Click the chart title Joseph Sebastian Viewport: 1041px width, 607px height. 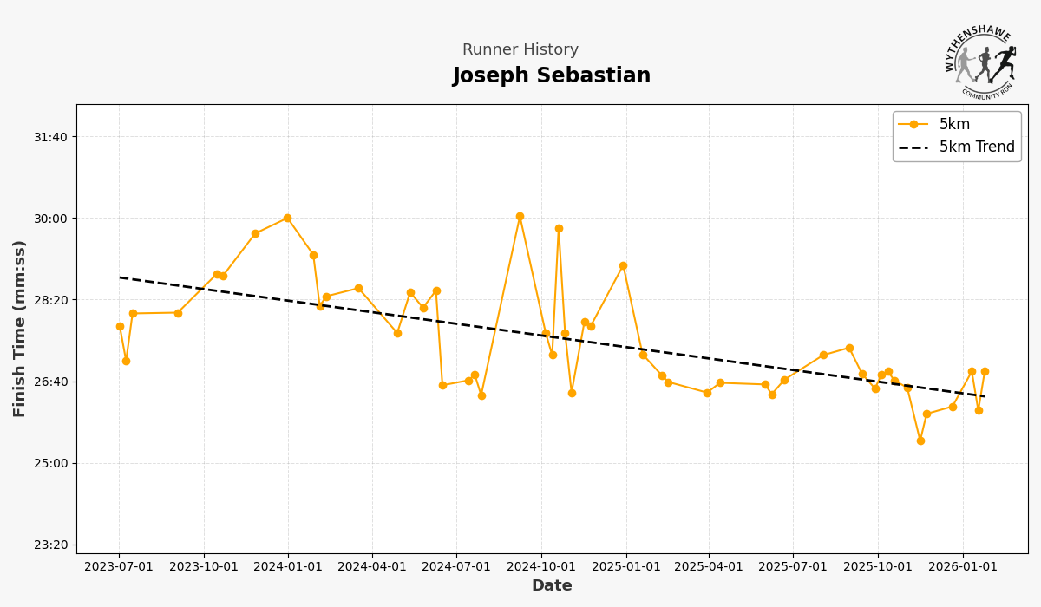pyautogui.click(x=551, y=76)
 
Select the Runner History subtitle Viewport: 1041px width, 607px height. pyautogui.click(x=520, y=50)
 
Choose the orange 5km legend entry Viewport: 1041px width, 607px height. pyautogui.click(x=954, y=125)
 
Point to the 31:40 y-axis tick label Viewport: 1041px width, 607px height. pyautogui.click(x=49, y=137)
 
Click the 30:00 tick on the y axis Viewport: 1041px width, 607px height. pyautogui.click(x=49, y=219)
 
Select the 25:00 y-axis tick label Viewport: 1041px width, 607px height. pyautogui.click(x=49, y=463)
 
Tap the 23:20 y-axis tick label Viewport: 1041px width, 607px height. pyautogui.click(x=49, y=545)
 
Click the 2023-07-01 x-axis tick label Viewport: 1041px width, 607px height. pyautogui.click(x=119, y=567)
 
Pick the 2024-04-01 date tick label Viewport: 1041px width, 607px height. pyautogui.click(x=372, y=567)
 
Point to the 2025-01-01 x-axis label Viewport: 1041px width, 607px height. pyautogui.click(x=625, y=567)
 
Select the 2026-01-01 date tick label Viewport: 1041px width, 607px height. pyautogui.click(x=963, y=567)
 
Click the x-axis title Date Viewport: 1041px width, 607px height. pyautogui.click(x=552, y=586)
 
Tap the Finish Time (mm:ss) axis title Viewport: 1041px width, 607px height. pyautogui.click(x=20, y=329)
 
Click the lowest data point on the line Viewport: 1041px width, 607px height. pyautogui.click(x=920, y=441)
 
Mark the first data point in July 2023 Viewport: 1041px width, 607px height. pyautogui.click(x=120, y=326)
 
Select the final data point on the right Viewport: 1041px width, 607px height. pyautogui.click(x=985, y=371)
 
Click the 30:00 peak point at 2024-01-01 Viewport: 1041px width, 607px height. pyautogui.click(x=287, y=218)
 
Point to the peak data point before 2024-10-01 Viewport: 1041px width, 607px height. pyautogui.click(x=520, y=216)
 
